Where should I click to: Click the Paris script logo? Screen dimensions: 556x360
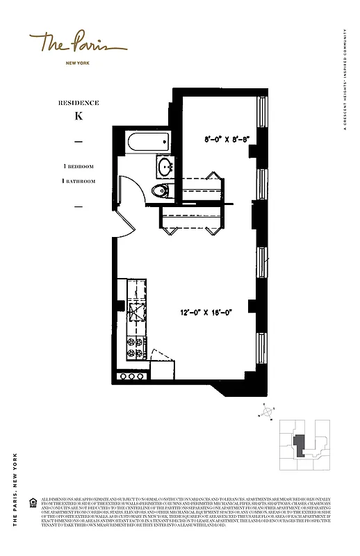tap(77, 45)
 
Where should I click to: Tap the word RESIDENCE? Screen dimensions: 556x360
tap(79, 103)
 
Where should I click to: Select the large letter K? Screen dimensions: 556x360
tap(79, 116)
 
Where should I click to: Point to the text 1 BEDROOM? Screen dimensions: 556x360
tap(79, 167)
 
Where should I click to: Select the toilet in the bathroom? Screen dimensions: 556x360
tap(159, 191)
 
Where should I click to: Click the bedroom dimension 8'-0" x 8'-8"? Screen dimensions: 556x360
tap(226, 138)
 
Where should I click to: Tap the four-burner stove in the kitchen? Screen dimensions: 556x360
tap(135, 347)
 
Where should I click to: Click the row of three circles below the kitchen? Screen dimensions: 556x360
tap(129, 377)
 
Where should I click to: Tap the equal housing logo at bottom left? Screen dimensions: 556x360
tap(33, 502)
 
